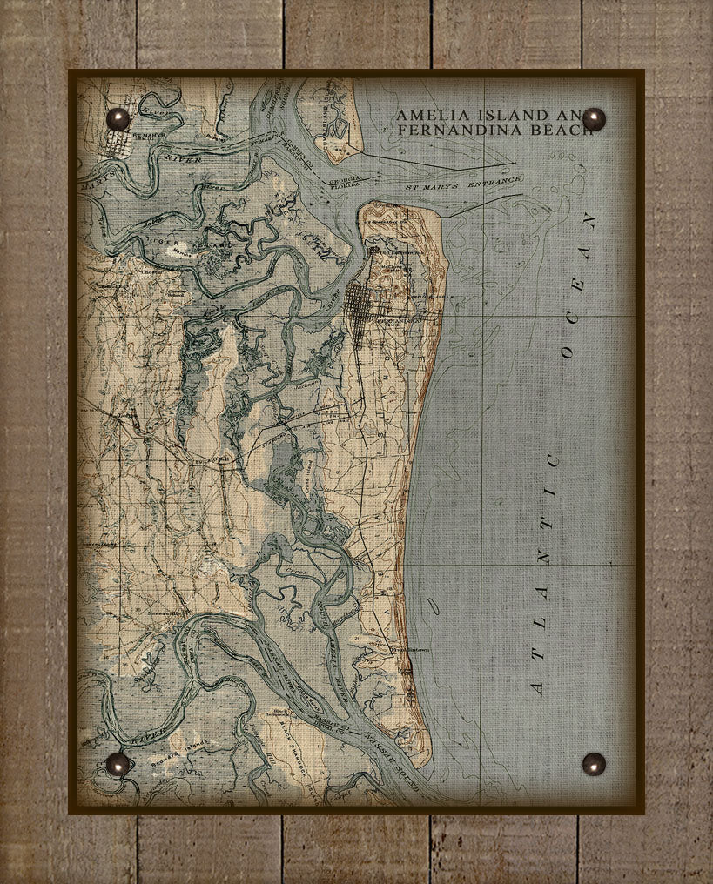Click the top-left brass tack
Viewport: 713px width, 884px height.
click(117, 118)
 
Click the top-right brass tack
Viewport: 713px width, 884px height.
click(594, 119)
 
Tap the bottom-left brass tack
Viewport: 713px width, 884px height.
click(117, 763)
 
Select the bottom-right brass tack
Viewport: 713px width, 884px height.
click(594, 763)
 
